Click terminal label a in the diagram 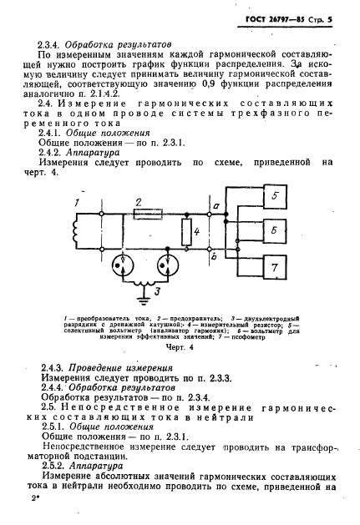[x=215, y=205]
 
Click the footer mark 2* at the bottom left [x=35, y=496]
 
